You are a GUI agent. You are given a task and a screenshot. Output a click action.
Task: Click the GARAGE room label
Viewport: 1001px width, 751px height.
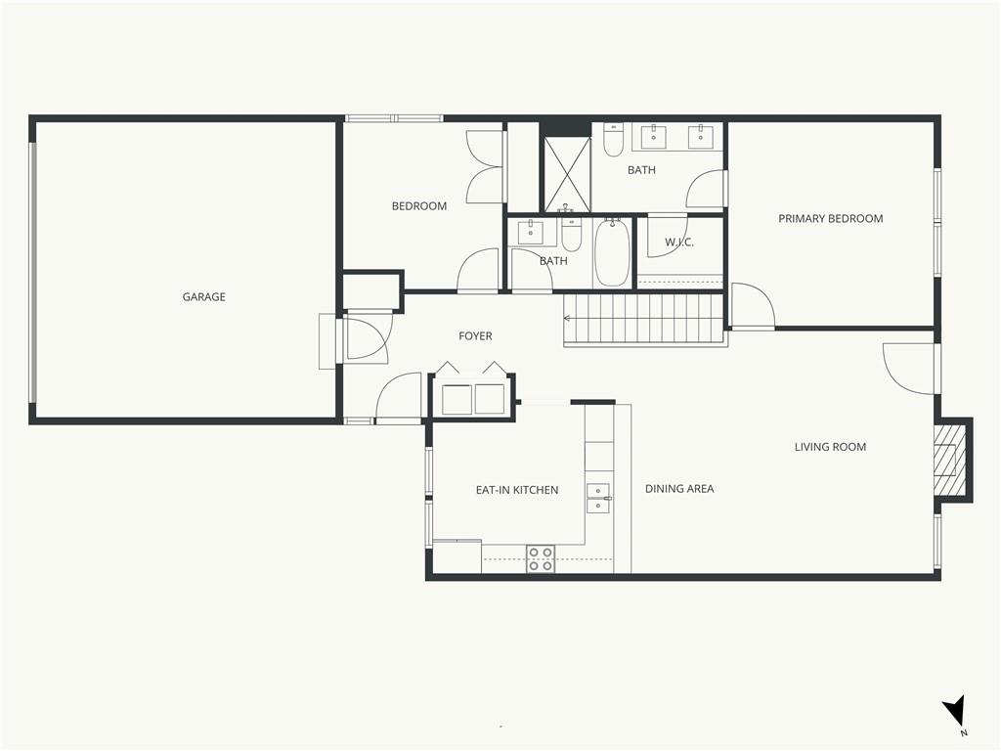[x=203, y=297]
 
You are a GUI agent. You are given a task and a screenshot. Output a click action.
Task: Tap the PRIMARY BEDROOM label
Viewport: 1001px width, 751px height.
[x=831, y=218]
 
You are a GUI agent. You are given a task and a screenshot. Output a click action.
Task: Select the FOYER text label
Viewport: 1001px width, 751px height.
[x=475, y=336]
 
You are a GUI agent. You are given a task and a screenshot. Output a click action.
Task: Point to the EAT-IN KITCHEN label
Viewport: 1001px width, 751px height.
[x=517, y=490]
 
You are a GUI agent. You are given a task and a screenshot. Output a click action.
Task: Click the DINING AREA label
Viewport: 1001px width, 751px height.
[x=679, y=489]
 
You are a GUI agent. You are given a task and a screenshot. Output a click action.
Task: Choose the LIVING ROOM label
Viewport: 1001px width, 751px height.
[x=830, y=447]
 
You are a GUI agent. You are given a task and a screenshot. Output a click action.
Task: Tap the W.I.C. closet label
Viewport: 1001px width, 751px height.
[x=679, y=243]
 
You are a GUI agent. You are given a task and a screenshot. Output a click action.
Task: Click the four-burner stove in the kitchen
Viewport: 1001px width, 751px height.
[x=540, y=558]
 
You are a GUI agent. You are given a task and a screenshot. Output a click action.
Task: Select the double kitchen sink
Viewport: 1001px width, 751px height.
[x=598, y=498]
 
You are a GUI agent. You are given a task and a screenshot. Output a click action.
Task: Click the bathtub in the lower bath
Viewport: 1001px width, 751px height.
[x=612, y=252]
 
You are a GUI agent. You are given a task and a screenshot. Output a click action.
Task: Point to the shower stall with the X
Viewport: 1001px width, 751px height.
[x=567, y=173]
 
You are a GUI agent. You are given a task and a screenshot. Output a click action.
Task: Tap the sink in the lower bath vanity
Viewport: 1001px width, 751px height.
[x=530, y=233]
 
